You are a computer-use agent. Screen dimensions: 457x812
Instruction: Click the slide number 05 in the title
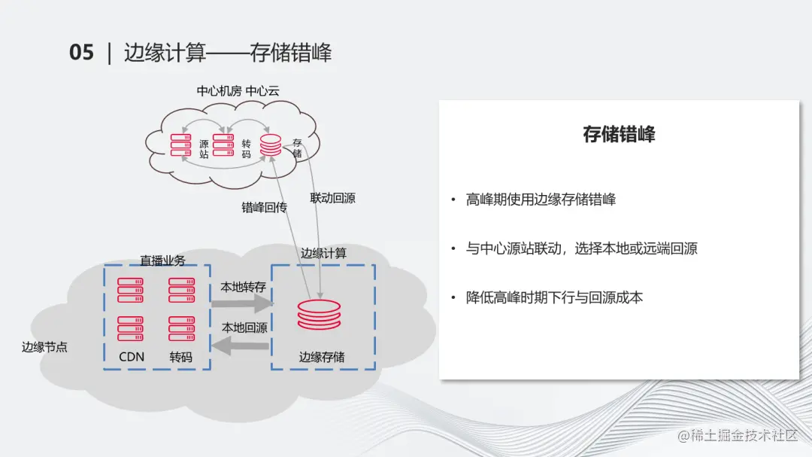coord(81,53)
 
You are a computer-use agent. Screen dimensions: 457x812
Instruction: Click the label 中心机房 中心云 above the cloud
coord(238,91)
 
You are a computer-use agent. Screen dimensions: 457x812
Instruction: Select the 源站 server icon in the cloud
coord(181,145)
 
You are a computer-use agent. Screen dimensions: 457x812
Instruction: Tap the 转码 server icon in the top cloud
coord(223,145)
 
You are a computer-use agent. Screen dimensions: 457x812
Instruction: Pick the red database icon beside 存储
coord(271,145)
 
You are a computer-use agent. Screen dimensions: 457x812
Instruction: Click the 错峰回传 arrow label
coord(264,208)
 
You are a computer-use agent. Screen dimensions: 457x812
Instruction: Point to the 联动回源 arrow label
coord(332,199)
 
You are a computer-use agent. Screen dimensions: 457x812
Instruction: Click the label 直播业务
coord(162,260)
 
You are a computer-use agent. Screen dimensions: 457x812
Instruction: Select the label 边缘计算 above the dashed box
coord(323,253)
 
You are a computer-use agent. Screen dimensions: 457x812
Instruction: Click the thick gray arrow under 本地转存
coord(241,303)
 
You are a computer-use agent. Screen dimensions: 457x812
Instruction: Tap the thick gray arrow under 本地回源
coord(241,345)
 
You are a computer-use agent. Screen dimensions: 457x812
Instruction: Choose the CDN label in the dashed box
coord(132,357)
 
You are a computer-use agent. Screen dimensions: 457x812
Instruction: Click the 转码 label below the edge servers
coord(180,357)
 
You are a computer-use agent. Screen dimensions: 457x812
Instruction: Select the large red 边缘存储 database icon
coord(319,315)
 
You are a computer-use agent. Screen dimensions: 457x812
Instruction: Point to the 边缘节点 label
coord(44,347)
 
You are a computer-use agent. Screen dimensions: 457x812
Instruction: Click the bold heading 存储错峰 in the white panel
coord(619,134)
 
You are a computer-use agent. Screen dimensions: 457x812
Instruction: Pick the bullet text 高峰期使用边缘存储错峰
coord(541,200)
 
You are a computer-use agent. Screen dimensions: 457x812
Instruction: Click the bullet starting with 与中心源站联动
coord(581,248)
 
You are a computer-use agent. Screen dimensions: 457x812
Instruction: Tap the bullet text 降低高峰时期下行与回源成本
coord(554,297)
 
